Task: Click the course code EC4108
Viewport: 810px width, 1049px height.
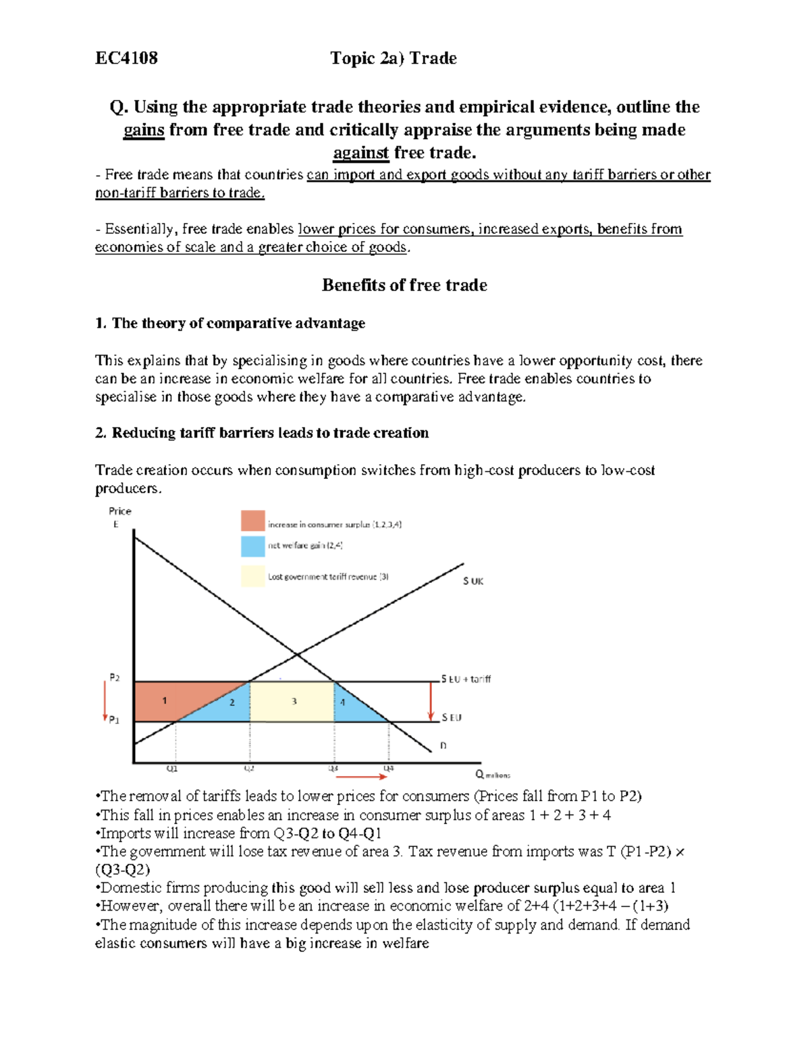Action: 126,58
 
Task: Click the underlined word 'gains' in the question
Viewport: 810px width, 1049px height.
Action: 144,130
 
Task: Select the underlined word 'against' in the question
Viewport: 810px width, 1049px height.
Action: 361,153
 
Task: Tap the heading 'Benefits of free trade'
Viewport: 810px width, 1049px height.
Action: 404,285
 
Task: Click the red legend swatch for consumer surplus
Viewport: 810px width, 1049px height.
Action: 252,521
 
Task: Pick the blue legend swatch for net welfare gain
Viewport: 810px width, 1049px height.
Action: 252,546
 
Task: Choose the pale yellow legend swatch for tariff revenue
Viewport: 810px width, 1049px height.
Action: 252,576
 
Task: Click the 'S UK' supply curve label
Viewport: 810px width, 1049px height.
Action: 473,581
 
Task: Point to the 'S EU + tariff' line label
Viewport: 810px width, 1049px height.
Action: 466,679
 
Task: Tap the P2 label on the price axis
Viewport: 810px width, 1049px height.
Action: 115,677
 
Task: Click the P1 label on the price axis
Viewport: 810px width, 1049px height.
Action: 115,720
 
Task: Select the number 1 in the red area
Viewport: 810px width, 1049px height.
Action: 164,700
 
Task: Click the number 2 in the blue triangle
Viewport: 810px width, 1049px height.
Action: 232,702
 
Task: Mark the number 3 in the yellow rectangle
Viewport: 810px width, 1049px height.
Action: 294,701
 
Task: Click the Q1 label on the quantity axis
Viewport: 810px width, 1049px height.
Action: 172,769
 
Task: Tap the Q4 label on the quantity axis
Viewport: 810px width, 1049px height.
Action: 389,769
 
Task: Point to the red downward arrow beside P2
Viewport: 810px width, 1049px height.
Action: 105,701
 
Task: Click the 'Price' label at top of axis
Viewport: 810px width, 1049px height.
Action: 120,511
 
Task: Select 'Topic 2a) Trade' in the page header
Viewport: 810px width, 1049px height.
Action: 393,58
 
